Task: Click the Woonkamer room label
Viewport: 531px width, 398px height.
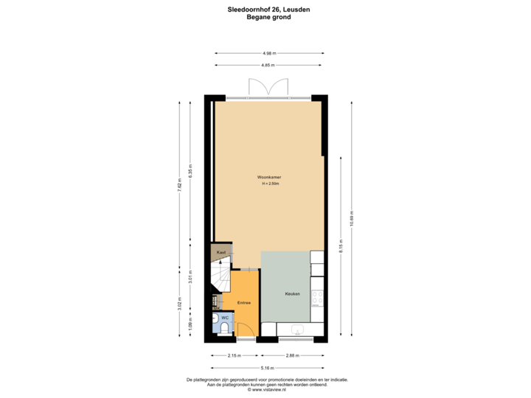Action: tap(268, 178)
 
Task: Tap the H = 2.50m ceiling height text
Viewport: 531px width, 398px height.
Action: tap(268, 184)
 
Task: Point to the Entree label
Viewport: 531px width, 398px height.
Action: tap(243, 303)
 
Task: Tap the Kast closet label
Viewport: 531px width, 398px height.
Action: tap(220, 253)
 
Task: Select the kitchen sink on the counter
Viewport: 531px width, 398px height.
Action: tap(298, 329)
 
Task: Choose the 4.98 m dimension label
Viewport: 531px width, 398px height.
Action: tap(268, 52)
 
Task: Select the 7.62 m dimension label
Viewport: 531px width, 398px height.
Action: tap(179, 185)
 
